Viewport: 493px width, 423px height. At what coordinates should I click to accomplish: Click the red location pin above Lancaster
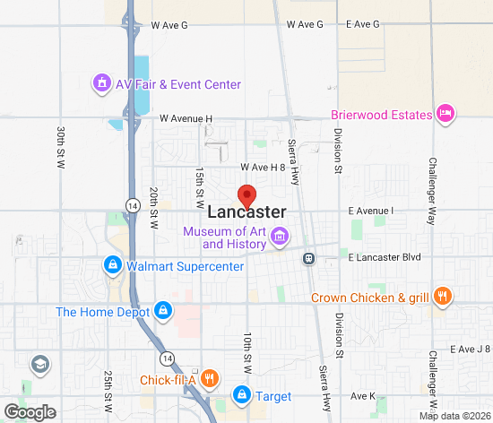pos(246,194)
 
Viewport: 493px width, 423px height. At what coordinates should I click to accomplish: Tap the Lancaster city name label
pos(246,212)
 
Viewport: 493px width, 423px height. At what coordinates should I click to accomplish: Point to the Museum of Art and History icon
pos(280,237)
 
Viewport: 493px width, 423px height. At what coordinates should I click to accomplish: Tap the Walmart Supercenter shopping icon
pos(113,265)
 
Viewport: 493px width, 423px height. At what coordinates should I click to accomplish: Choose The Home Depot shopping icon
pos(162,312)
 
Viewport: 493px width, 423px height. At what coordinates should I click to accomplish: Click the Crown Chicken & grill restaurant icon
pos(441,298)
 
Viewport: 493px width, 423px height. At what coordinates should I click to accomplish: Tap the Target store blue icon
pos(241,394)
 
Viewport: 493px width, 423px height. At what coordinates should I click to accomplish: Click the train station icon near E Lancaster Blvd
pos(308,258)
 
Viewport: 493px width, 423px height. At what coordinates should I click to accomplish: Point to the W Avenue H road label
pos(186,118)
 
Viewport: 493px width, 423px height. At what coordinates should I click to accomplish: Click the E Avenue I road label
pos(371,211)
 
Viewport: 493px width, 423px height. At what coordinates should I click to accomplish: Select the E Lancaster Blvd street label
pos(385,257)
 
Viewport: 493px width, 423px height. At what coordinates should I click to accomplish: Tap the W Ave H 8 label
pos(262,168)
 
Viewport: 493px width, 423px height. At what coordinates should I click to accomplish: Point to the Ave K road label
pos(362,395)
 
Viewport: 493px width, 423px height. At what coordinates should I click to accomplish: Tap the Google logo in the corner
pos(29,412)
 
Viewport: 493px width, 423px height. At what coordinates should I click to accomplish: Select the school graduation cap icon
pos(39,364)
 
